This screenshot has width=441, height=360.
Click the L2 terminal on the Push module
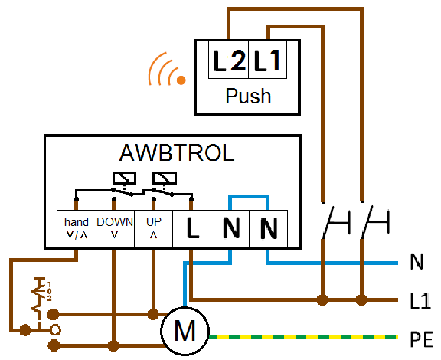point(229,60)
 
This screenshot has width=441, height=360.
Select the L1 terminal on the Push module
point(268,60)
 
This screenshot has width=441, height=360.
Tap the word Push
point(248,97)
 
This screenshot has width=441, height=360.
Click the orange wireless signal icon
point(167,69)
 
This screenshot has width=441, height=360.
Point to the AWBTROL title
point(177,153)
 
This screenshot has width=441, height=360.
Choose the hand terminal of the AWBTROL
point(77,228)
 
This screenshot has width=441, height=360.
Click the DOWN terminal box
point(116,228)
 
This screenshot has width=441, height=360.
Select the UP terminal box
point(154,228)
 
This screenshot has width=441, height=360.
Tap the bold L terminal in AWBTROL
point(192,228)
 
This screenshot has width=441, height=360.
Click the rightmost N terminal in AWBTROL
point(268,228)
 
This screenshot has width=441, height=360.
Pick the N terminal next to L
point(230,228)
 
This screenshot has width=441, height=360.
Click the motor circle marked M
point(185,331)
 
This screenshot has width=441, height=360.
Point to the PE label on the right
point(421,340)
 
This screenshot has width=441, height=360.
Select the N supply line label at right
point(416,262)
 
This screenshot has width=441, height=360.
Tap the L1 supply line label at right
point(420,300)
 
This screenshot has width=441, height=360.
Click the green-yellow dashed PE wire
point(304,337)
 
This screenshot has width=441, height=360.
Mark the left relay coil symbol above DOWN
point(125,178)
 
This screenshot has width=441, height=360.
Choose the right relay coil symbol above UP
point(165,178)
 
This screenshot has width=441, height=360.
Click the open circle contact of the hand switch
point(55,330)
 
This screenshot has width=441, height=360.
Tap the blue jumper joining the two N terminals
point(249,196)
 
